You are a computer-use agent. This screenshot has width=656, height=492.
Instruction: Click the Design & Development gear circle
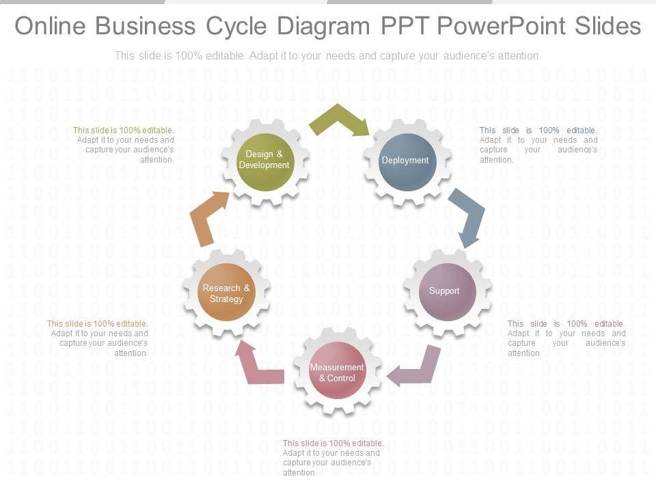tap(264, 161)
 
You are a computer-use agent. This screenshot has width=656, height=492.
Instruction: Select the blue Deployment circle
tap(407, 161)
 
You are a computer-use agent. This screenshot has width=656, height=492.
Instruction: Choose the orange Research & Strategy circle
tap(226, 292)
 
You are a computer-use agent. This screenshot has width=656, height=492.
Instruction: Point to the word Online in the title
tap(51, 26)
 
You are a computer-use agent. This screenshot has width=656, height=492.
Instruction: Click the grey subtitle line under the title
tap(328, 56)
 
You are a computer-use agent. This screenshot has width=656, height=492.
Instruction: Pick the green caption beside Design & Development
tap(124, 145)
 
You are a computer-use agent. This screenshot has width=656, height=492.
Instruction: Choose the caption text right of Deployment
tap(538, 145)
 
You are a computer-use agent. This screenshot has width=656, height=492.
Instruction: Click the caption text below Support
tap(566, 338)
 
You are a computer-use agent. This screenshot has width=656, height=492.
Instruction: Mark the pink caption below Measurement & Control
tap(333, 457)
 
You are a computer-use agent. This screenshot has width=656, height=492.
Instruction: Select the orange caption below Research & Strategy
tap(98, 338)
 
